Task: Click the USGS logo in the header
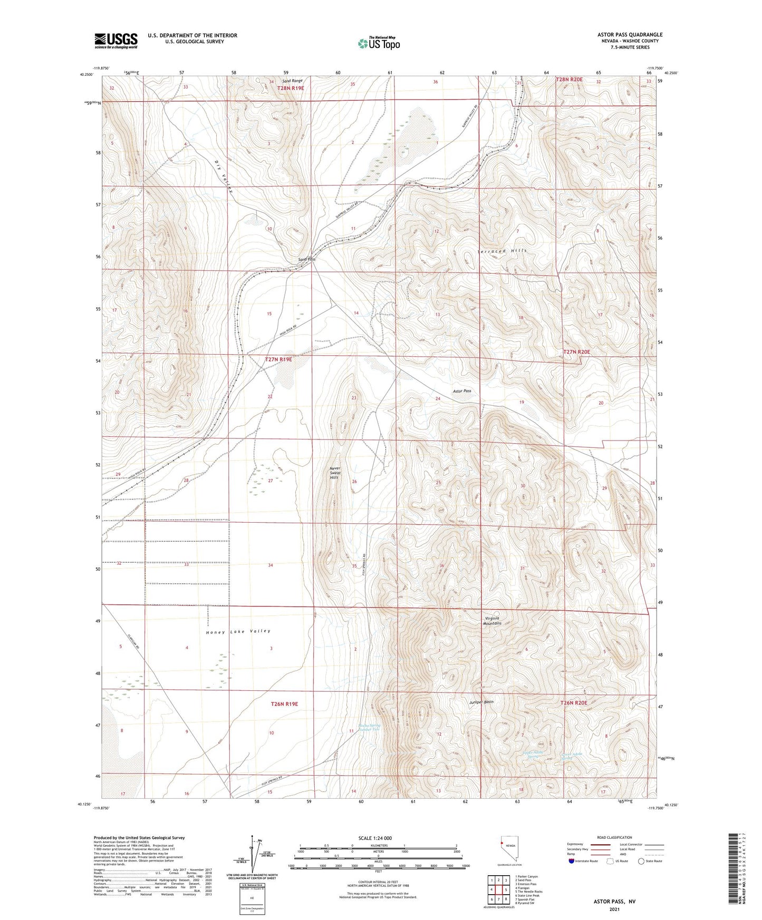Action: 116,40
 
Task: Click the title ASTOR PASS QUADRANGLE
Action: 626,35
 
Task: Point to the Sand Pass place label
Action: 306,259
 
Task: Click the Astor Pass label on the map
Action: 462,391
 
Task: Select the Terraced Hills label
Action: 502,251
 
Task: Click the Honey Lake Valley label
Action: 238,631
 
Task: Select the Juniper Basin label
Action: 481,702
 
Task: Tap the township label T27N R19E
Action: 278,359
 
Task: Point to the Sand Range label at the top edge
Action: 293,81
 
